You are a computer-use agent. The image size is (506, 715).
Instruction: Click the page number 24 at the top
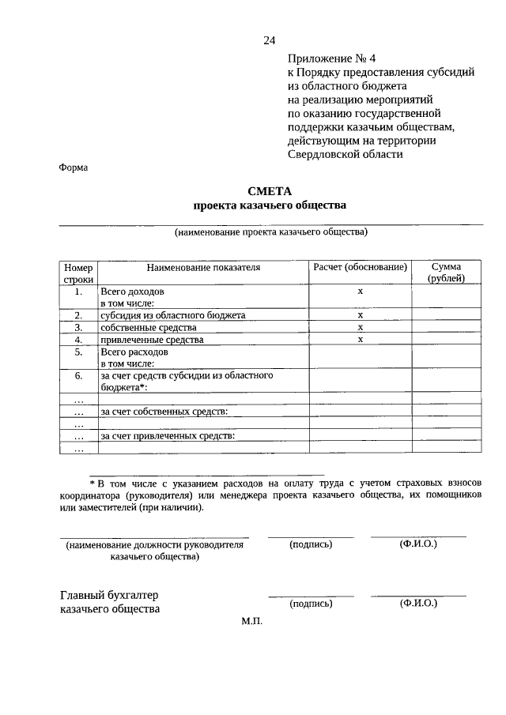pyautogui.click(x=270, y=41)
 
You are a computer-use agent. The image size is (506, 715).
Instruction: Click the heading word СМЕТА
pyautogui.click(x=270, y=190)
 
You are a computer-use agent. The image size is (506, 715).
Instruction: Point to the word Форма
pyautogui.click(x=74, y=167)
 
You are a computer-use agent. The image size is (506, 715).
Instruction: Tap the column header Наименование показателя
pyautogui.click(x=202, y=268)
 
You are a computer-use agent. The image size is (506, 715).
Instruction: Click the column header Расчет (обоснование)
pyautogui.click(x=359, y=268)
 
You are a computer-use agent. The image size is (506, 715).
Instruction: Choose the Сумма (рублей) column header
pyautogui.click(x=446, y=273)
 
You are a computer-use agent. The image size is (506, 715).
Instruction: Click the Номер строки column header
pyautogui.click(x=78, y=273)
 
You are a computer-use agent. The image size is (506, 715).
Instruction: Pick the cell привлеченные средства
pyautogui.click(x=152, y=340)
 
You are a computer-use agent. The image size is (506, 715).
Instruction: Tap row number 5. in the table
pyautogui.click(x=78, y=352)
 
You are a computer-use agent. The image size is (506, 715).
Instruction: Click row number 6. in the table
pyautogui.click(x=78, y=376)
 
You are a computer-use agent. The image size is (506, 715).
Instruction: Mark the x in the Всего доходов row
pyautogui.click(x=360, y=292)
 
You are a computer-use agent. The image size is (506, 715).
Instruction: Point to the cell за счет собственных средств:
pyautogui.click(x=164, y=412)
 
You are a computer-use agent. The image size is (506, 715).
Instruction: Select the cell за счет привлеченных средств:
pyautogui.click(x=168, y=435)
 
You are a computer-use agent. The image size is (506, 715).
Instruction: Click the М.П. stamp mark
pyautogui.click(x=251, y=622)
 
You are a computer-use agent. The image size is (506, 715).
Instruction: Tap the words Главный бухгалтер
pyautogui.click(x=115, y=595)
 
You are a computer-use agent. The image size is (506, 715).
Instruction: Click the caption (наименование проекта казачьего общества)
pyautogui.click(x=271, y=233)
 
